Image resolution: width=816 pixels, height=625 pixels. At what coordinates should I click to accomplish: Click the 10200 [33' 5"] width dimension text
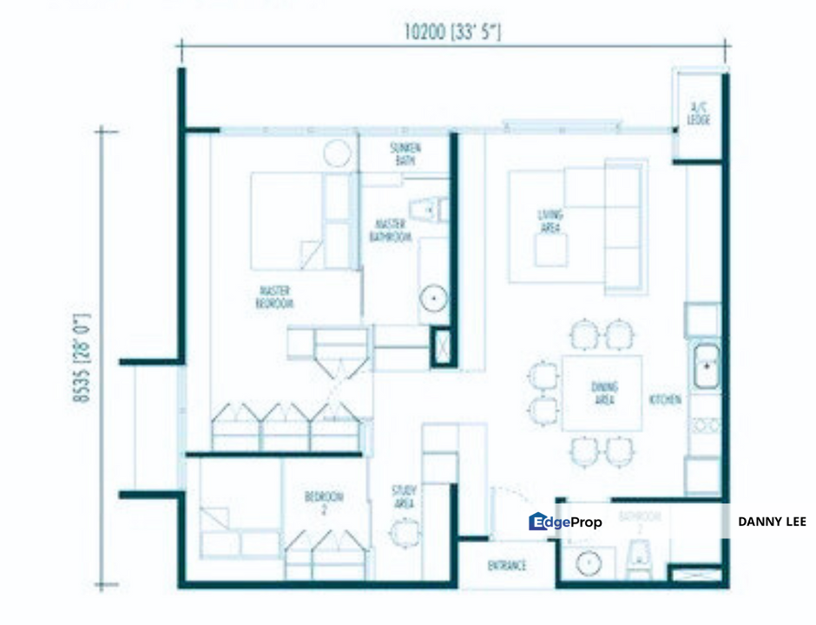(452, 32)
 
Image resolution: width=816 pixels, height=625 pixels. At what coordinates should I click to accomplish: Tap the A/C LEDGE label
(699, 114)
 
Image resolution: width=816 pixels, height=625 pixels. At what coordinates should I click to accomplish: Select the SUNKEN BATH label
(405, 155)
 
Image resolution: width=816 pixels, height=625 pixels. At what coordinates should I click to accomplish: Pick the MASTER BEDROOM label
(274, 297)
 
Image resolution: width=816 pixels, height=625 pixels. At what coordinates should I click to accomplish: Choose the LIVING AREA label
(550, 220)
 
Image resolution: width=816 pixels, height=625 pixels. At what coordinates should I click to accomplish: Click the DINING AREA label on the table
(604, 394)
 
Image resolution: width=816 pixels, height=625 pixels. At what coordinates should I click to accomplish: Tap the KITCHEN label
(665, 400)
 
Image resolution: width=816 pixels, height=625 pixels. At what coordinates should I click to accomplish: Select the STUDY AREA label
(404, 497)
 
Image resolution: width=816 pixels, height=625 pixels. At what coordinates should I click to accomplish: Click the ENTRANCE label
(506, 566)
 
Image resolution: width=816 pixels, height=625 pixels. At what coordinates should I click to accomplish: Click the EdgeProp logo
(565, 522)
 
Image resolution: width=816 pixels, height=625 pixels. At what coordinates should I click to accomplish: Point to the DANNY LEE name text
(772, 522)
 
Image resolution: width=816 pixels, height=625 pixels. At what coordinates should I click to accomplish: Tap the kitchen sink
(706, 365)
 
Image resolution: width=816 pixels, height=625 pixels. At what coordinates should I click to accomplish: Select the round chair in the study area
(404, 531)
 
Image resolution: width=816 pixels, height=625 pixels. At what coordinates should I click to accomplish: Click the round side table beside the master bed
(337, 154)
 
